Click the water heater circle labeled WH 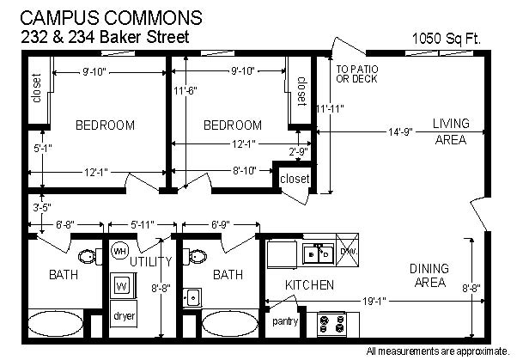[119, 251]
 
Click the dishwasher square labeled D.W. [347, 250]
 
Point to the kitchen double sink [318, 253]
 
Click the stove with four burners [332, 324]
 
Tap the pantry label [285, 321]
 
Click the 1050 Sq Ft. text [446, 39]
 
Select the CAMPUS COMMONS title [112, 17]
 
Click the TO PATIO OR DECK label [357, 74]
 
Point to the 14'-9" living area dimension [400, 132]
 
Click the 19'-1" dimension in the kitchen [374, 301]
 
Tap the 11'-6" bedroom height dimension [185, 91]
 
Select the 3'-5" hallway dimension [42, 208]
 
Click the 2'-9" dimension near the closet [299, 151]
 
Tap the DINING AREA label [429, 275]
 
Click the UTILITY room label [151, 261]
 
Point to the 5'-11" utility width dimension [143, 224]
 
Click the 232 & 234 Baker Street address [105, 37]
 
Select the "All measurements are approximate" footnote [438, 351]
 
